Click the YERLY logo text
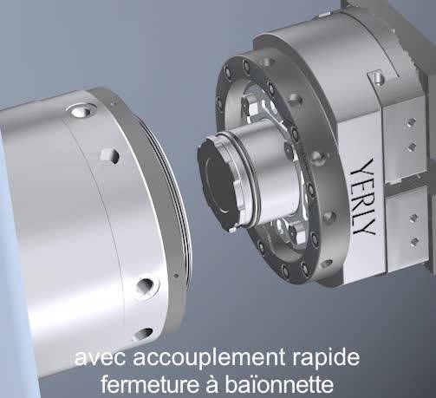pos(363,197)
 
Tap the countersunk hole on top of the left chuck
pos(81,110)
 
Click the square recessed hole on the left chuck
pos(110,156)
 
